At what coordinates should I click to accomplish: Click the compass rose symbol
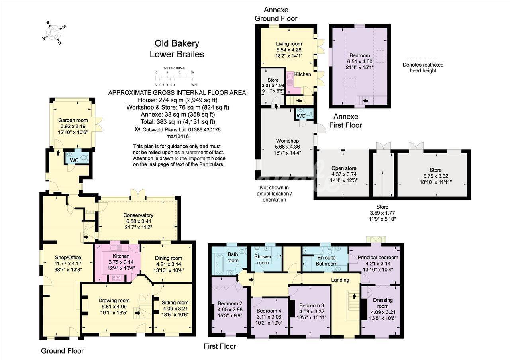(54, 33)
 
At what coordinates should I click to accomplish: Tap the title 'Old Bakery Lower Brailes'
(177, 49)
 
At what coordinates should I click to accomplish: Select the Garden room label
(73, 120)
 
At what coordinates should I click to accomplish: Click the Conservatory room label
(138, 215)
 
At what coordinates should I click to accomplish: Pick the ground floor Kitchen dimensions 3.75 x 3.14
(121, 262)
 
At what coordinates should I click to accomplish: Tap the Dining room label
(169, 258)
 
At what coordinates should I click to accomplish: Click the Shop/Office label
(68, 258)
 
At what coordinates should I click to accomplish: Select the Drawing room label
(114, 301)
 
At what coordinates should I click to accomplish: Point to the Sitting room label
(175, 303)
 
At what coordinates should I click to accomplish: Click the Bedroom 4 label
(269, 311)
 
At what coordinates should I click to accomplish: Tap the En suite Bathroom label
(326, 261)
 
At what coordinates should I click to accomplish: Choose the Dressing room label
(383, 303)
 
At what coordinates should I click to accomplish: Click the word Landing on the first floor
(340, 280)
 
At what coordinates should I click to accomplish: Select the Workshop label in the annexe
(287, 141)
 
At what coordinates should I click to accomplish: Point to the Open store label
(344, 168)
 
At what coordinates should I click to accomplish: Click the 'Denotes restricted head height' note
(423, 68)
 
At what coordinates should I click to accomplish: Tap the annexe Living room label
(289, 44)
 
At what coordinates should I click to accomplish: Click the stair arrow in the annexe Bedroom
(365, 100)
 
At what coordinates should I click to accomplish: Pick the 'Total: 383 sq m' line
(178, 122)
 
